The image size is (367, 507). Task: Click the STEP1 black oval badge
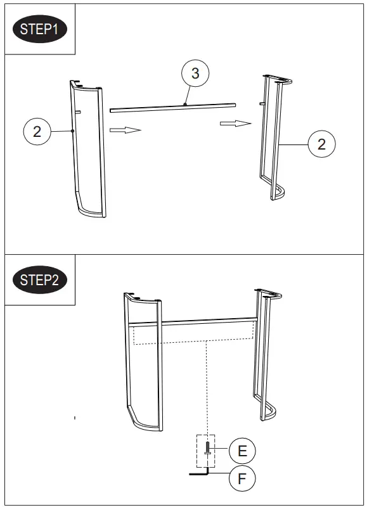click(x=39, y=29)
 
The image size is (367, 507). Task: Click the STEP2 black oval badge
click(x=39, y=279)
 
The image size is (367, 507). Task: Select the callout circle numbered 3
click(x=195, y=74)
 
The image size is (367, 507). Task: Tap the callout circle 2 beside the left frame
click(x=37, y=131)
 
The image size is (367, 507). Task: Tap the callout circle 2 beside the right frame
click(x=321, y=144)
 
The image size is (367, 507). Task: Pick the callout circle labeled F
click(x=242, y=478)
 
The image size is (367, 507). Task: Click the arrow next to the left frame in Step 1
click(x=124, y=130)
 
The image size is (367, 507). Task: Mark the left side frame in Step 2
click(x=143, y=361)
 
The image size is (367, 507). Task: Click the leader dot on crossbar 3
click(x=185, y=104)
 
